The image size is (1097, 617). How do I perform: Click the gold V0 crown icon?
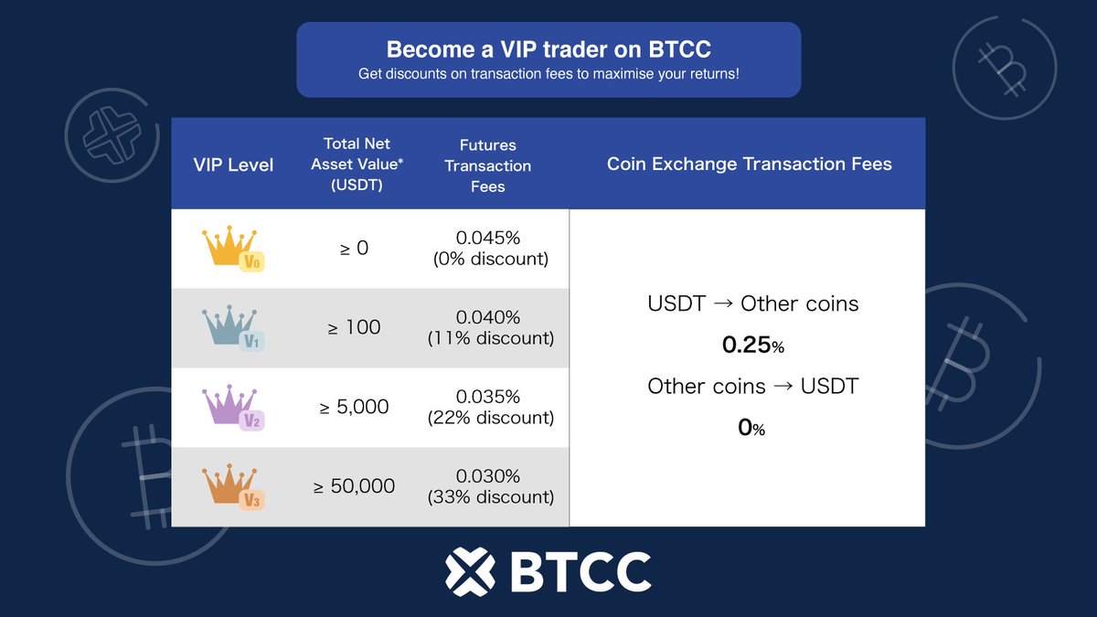[x=232, y=249]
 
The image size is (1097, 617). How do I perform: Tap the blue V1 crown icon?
[x=232, y=328]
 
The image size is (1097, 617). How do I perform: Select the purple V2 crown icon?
[x=232, y=408]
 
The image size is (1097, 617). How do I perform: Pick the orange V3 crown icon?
[x=232, y=487]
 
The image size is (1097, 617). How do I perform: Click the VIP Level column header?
[x=233, y=165]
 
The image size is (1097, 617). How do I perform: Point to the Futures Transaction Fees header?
[x=487, y=165]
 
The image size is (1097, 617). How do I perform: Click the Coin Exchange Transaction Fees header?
[x=749, y=165]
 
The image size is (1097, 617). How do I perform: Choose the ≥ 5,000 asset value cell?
[x=354, y=407]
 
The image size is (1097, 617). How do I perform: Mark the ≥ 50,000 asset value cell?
[x=354, y=486]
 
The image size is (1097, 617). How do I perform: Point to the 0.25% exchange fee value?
[x=752, y=346]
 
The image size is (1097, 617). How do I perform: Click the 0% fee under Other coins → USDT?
[x=751, y=427]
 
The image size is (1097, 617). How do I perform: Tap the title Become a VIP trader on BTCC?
[x=548, y=49]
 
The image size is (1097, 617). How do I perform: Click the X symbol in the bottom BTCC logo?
[x=470, y=570]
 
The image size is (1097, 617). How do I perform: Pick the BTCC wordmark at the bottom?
[x=580, y=571]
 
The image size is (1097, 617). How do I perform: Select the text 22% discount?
[x=490, y=418]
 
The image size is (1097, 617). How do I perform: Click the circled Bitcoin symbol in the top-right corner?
[x=1004, y=67]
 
